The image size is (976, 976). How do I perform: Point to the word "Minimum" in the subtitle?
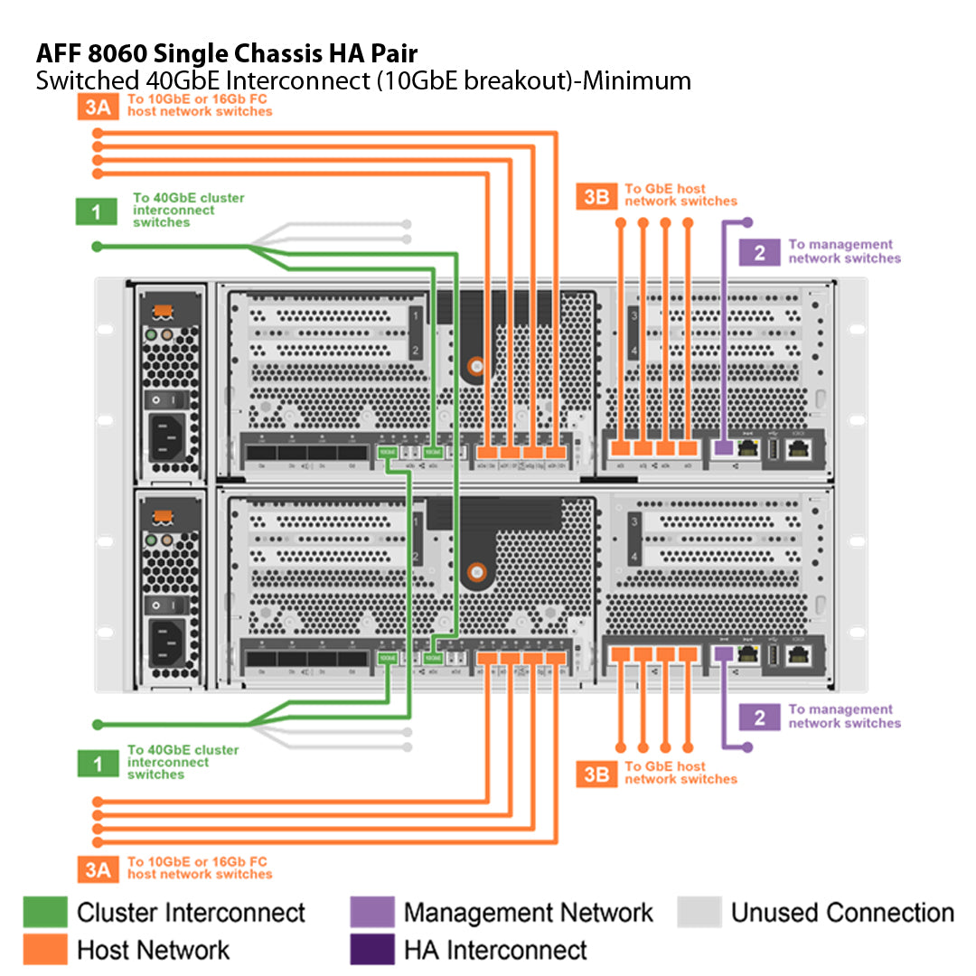point(636,81)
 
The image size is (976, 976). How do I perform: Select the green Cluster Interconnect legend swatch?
point(45,913)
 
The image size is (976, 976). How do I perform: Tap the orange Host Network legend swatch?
point(45,950)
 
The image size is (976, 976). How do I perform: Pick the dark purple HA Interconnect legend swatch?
point(372,950)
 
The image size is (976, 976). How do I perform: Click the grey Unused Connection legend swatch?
point(699,913)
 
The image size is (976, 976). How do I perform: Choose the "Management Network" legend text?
point(528,913)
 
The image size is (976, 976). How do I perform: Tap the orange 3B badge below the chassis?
point(596,774)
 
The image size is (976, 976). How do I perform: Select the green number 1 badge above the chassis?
point(96,212)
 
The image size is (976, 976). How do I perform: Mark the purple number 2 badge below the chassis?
point(759,718)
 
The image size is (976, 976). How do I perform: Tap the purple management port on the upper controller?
point(723,446)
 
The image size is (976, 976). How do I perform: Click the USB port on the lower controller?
point(774,657)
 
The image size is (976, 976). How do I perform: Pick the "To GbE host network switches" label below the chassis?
point(680,773)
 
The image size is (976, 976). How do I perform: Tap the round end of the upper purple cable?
point(747,221)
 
